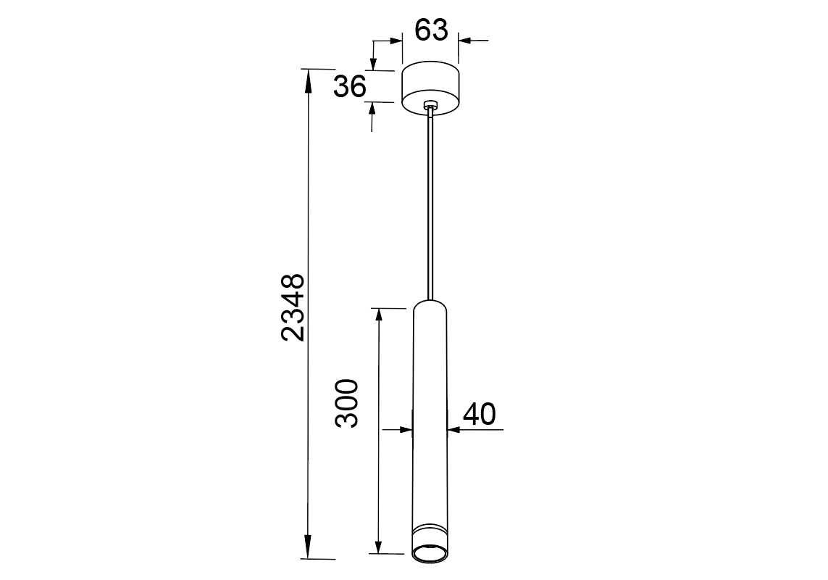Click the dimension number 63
(x=431, y=30)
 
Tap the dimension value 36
(x=350, y=86)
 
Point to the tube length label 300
(x=346, y=403)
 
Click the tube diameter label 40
(x=480, y=414)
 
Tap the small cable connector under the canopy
(x=431, y=107)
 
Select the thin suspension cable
(x=432, y=206)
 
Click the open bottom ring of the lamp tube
(x=430, y=555)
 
